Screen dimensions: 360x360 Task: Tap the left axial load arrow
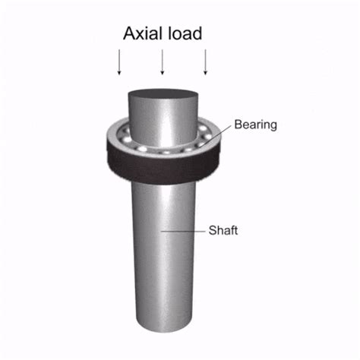click(x=119, y=62)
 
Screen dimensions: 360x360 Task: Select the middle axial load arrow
click(x=163, y=62)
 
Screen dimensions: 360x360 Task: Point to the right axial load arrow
click(x=206, y=62)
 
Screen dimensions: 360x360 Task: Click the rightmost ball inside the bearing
click(x=212, y=137)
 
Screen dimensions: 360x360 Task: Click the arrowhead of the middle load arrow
click(x=163, y=74)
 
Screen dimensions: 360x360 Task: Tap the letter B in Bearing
click(x=237, y=124)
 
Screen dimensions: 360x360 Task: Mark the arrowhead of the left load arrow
click(x=119, y=74)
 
